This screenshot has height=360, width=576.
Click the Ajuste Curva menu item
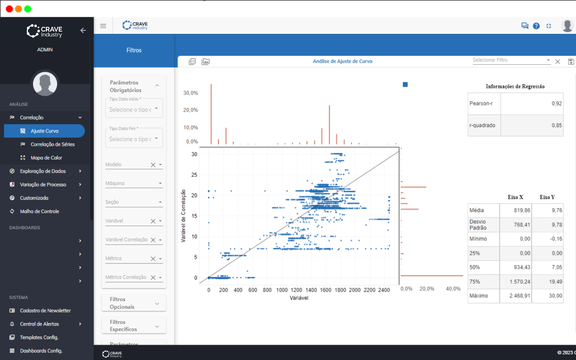[x=44, y=131]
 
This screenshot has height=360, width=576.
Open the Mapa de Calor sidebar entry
[x=46, y=158]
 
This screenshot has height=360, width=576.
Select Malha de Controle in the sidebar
[x=39, y=211]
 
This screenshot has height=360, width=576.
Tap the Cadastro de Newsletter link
[x=45, y=310]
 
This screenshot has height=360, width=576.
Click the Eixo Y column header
[x=547, y=197]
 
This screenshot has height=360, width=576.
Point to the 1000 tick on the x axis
[x=282, y=290]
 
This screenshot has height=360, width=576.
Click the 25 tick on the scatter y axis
[x=194, y=175]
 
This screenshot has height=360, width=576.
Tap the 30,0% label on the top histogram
[x=190, y=93]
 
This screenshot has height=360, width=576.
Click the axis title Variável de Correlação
[x=184, y=216]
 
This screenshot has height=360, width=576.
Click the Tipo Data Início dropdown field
[x=134, y=109]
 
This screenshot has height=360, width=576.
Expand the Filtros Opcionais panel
[x=134, y=303]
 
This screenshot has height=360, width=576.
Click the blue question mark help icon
[x=536, y=26]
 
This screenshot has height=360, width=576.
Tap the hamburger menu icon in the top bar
[x=103, y=26]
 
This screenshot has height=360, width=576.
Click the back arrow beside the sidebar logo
[x=83, y=30]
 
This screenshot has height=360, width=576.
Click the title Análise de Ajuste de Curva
[x=342, y=61]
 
